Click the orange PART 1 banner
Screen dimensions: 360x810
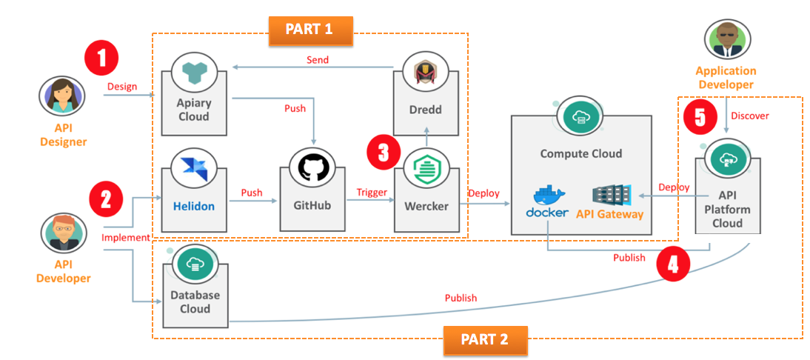pyautogui.click(x=309, y=30)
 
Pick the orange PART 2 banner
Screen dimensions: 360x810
pyautogui.click(x=486, y=340)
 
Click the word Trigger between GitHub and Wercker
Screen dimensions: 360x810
pyautogui.click(x=372, y=193)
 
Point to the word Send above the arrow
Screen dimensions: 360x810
pyautogui.click(x=318, y=59)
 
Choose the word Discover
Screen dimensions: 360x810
pyautogui.click(x=750, y=116)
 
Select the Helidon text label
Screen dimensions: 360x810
pyautogui.click(x=194, y=206)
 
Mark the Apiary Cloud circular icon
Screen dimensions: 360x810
pyautogui.click(x=193, y=71)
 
